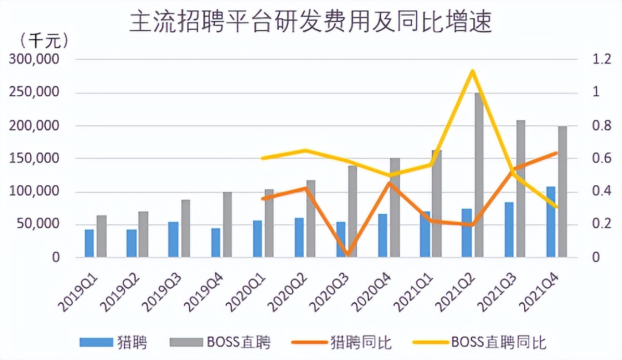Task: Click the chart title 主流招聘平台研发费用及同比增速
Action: pyautogui.click(x=310, y=22)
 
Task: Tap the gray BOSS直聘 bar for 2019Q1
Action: pyautogui.click(x=101, y=237)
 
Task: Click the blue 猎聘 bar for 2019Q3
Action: pyautogui.click(x=173, y=240)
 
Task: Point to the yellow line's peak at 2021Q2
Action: pyautogui.click(x=471, y=71)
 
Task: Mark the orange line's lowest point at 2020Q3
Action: pyautogui.click(x=347, y=255)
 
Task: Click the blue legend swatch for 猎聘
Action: pyautogui.click(x=96, y=342)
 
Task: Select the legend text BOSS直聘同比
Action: pyautogui.click(x=498, y=342)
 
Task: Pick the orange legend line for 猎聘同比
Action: pyautogui.click(x=309, y=342)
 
